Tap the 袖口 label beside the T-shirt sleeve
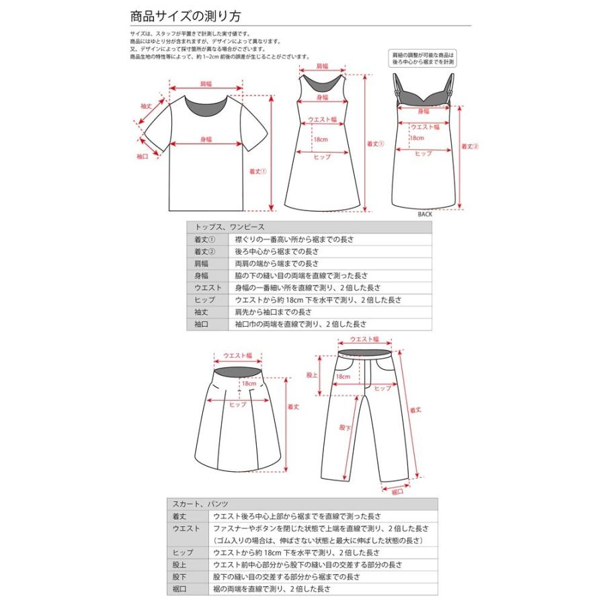point(142,156)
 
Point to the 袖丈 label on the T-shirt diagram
point(145,107)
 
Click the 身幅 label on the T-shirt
point(206,139)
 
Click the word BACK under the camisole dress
point(425,214)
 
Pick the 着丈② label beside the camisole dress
point(469,147)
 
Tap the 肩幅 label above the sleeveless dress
point(322,67)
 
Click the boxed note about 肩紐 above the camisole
point(424,58)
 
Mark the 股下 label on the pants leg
point(345,427)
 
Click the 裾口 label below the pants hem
point(397,491)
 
